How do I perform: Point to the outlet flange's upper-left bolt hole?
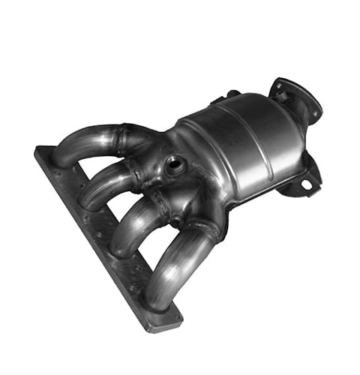pos(278,85)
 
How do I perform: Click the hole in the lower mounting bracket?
pos(306,184)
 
